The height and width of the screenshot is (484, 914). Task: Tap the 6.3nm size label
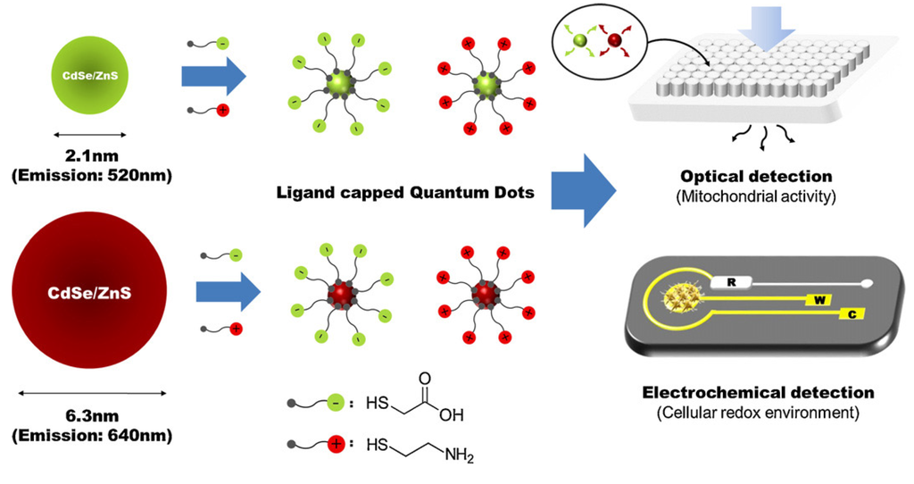tap(89, 417)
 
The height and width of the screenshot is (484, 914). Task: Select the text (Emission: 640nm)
tap(89, 435)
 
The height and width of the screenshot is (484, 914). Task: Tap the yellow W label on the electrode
tap(817, 300)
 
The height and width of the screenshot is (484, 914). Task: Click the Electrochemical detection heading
tap(758, 392)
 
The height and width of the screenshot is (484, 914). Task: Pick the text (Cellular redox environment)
tap(758, 413)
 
